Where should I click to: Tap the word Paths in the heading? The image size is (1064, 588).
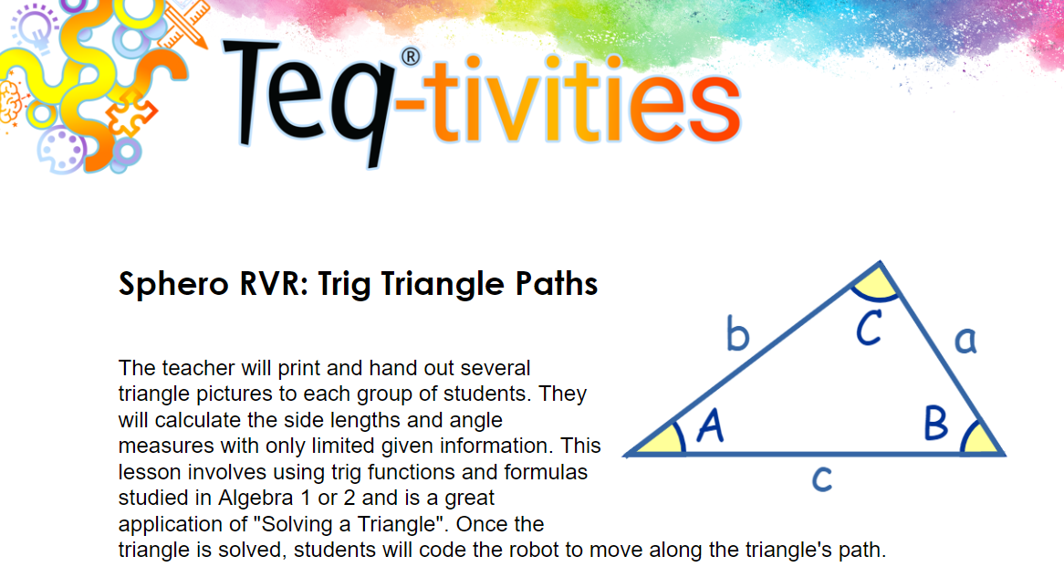coord(557,283)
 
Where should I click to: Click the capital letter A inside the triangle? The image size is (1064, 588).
coord(711,426)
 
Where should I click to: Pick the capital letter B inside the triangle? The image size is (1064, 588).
coord(935,423)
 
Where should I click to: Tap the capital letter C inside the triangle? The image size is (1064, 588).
coord(869,328)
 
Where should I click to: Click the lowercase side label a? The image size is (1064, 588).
coord(965,340)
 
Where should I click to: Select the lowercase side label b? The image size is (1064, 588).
coord(737,332)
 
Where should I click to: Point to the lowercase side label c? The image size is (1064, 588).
coord(822,478)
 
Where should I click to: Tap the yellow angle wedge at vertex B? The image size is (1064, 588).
coord(981,439)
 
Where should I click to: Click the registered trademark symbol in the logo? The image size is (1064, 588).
coord(411,57)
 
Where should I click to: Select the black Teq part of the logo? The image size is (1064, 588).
coord(308,99)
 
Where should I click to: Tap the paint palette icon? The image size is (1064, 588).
coord(61,151)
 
